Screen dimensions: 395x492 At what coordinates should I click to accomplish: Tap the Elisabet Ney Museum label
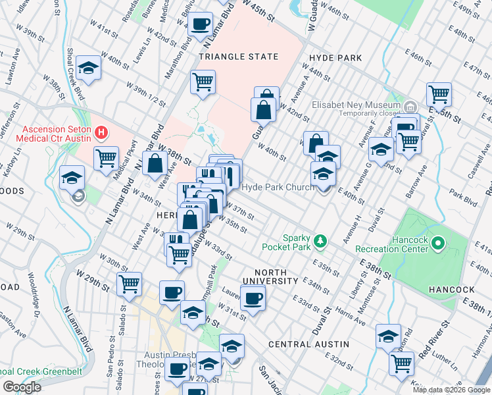pos(356,105)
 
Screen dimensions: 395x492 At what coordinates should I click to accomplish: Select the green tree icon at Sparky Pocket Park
pos(320,242)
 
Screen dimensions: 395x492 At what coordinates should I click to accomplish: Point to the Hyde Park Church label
pos(278,188)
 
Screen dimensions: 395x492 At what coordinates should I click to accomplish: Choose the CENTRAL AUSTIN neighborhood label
pos(308,344)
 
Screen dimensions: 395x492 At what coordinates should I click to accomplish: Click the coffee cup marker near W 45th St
pos(201,25)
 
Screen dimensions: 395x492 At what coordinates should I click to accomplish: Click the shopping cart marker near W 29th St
pos(130,284)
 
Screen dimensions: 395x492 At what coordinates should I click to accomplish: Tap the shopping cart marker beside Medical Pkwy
pos(105,158)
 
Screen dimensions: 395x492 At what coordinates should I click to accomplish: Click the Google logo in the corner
pos(22,387)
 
